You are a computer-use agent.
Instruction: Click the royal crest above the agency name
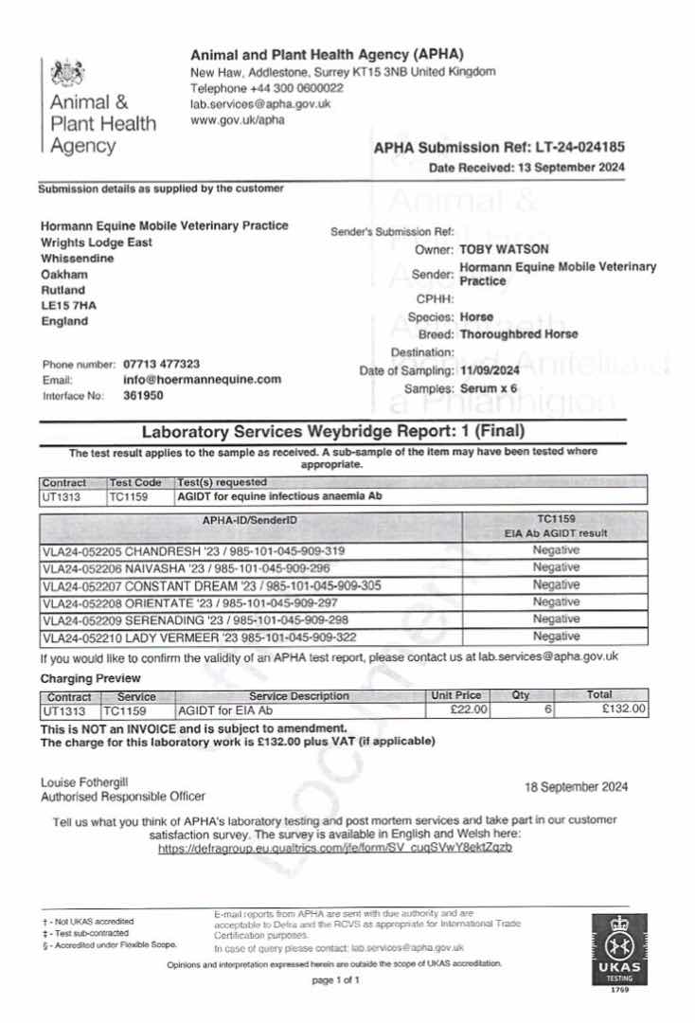pos(66,72)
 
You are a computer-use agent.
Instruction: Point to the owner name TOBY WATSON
pos(504,249)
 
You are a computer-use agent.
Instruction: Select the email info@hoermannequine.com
pos(203,379)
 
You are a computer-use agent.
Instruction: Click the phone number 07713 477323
pos(161,364)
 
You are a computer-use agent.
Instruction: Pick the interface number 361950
pos(142,395)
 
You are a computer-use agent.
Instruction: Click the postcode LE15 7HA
pos(69,305)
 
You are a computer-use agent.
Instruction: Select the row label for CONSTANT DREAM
pos(212,585)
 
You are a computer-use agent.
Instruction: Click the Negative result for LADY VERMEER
pos(556,636)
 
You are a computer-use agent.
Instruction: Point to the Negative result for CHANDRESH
pos(556,550)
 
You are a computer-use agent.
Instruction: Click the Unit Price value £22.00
pos(470,709)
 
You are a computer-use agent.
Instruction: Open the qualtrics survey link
pos(335,848)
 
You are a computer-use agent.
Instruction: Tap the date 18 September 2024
pos(576,787)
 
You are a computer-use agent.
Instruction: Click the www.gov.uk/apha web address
pos(237,120)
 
